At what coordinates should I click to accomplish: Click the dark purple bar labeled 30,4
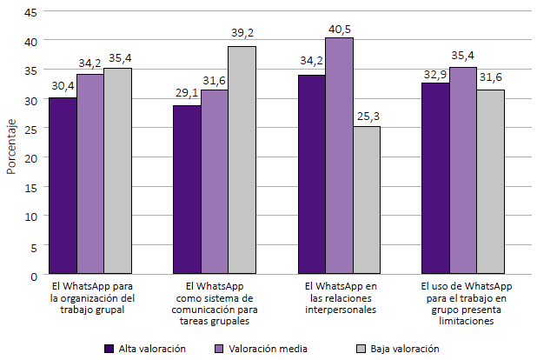pos(63,186)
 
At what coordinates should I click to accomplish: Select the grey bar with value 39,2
pos(242,161)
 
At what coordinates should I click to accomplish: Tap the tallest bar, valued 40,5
pos(339,157)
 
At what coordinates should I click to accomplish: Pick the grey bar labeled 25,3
pos(366,201)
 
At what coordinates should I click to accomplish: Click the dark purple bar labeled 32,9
pos(435,179)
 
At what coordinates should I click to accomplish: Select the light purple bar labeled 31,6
pos(214,183)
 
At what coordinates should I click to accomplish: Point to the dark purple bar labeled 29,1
pos(187,190)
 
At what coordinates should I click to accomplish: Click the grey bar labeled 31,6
pos(490,183)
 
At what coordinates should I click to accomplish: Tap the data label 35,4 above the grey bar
pos(117,59)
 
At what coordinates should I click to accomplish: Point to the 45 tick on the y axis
pos(31,12)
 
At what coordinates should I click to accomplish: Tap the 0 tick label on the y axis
pos(34,276)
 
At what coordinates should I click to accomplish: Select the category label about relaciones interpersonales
pos(341,297)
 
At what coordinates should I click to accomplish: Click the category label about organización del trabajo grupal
pos(92,297)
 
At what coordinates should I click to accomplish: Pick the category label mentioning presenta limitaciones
pos(466,303)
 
